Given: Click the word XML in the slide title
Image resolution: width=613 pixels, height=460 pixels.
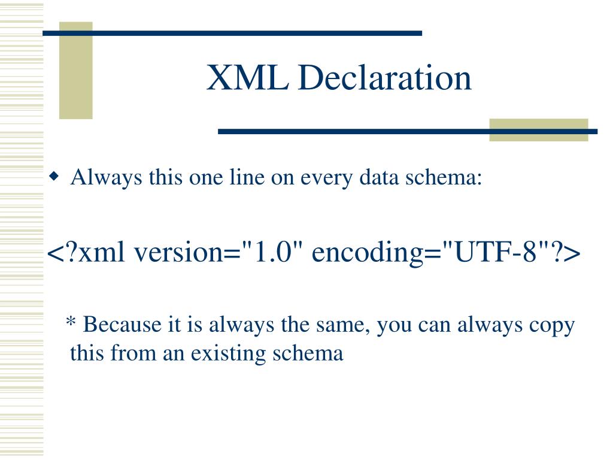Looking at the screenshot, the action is click(248, 77).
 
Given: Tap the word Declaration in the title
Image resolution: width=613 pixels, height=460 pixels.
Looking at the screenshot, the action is click(385, 77).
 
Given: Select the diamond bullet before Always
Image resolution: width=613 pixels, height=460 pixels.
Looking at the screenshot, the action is click(54, 177).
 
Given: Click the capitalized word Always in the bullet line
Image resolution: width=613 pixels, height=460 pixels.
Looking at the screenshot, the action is click(106, 178).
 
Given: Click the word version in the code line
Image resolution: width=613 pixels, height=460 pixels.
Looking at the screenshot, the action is click(178, 252).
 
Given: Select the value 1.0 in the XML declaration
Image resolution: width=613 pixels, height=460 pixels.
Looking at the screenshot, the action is click(273, 251).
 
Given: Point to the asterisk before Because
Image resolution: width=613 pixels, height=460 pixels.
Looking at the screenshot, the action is click(71, 322).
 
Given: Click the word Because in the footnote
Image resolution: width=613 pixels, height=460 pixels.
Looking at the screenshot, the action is click(122, 325).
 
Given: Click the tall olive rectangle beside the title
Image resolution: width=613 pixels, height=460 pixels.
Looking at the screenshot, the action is click(76, 71).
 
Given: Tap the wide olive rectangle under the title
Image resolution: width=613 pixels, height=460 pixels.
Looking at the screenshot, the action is click(539, 130).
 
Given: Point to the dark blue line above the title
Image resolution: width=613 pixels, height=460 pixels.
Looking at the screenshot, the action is click(232, 34).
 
